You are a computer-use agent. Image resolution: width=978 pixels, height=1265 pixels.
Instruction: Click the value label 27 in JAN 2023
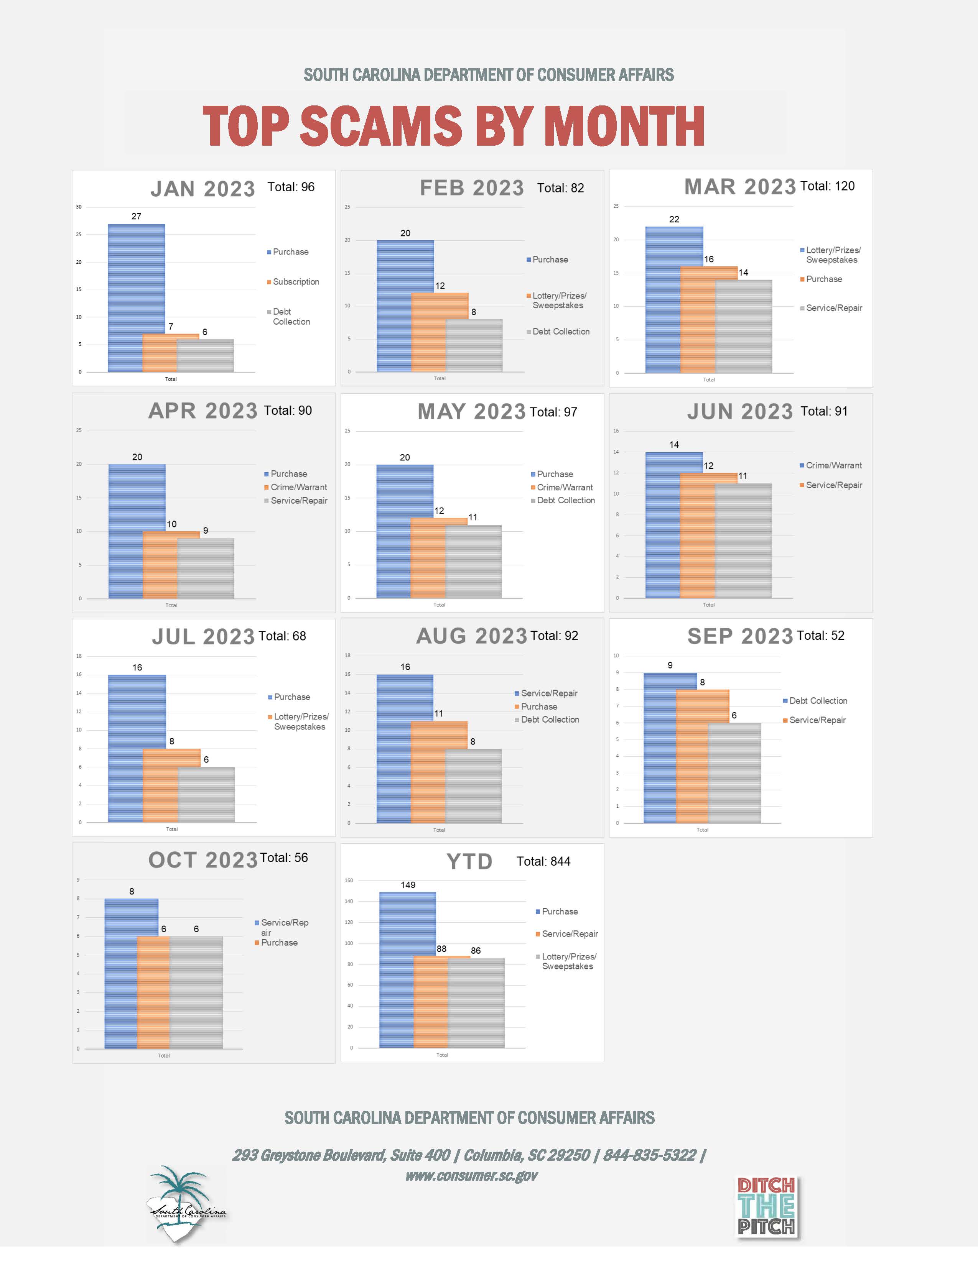136,217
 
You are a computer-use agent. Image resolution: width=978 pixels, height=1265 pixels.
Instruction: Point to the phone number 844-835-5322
649,1155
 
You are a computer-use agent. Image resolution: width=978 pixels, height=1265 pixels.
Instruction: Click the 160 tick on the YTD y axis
349,881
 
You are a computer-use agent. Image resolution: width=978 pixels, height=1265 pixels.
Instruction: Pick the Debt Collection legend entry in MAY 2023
565,500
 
